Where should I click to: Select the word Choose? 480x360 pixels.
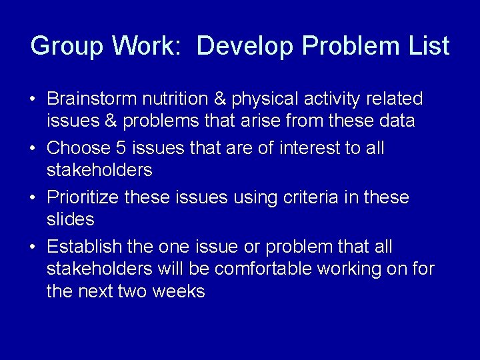[x=75, y=148]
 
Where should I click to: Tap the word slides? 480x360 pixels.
[x=70, y=219]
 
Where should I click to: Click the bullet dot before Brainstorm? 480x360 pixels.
[x=32, y=100]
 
